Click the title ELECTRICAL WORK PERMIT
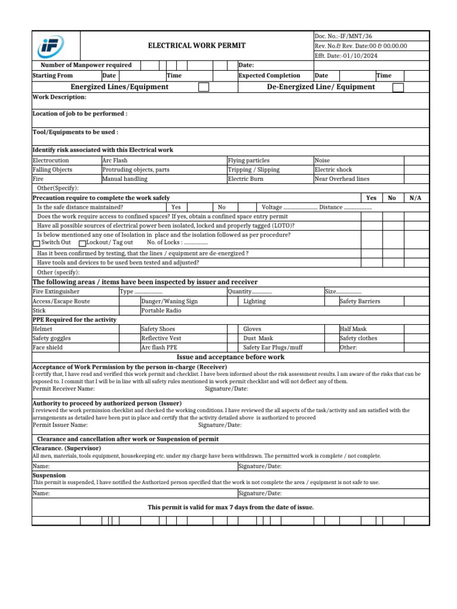[x=196, y=46]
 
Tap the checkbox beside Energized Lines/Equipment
[x=204, y=87]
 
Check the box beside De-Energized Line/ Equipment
[x=398, y=87]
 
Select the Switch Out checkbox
[x=36, y=243]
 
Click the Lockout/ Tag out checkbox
[x=82, y=243]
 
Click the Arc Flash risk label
[x=115, y=161]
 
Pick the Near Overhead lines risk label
[x=342, y=178]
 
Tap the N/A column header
[x=415, y=197]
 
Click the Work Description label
[x=59, y=97]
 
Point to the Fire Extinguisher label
[x=56, y=292]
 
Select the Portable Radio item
[x=161, y=310]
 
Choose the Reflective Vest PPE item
[x=161, y=338]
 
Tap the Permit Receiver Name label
[x=63, y=388]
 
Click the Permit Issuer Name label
[x=60, y=425]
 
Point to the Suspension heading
[x=49, y=476]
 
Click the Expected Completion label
[x=269, y=76]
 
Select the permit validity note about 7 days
[x=230, y=507]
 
